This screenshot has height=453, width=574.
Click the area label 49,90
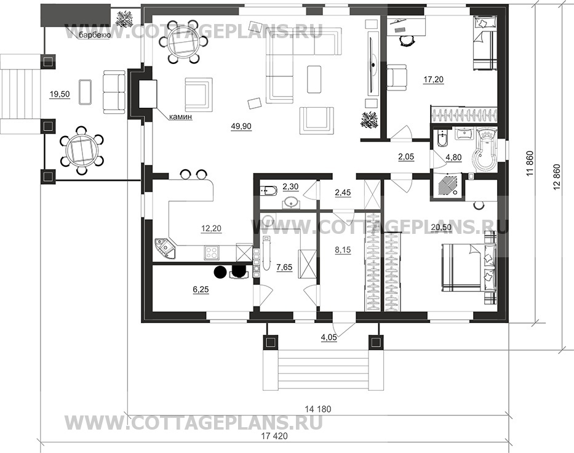click(241, 126)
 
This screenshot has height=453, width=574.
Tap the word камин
click(180, 117)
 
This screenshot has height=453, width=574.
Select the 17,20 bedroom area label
click(434, 79)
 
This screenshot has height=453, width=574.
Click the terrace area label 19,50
click(59, 95)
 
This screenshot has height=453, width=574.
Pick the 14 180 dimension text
click(317, 409)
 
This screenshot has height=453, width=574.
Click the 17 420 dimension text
click(274, 436)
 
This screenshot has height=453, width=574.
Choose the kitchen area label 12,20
click(211, 228)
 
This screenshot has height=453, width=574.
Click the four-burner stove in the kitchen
click(211, 252)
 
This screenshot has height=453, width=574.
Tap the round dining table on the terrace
click(81, 151)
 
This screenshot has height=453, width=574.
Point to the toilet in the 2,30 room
click(266, 190)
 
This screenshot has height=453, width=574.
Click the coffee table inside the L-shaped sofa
click(314, 79)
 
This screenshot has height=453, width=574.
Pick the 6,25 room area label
click(201, 290)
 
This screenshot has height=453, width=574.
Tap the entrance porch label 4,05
click(329, 338)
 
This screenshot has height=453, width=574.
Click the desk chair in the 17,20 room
click(407, 40)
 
